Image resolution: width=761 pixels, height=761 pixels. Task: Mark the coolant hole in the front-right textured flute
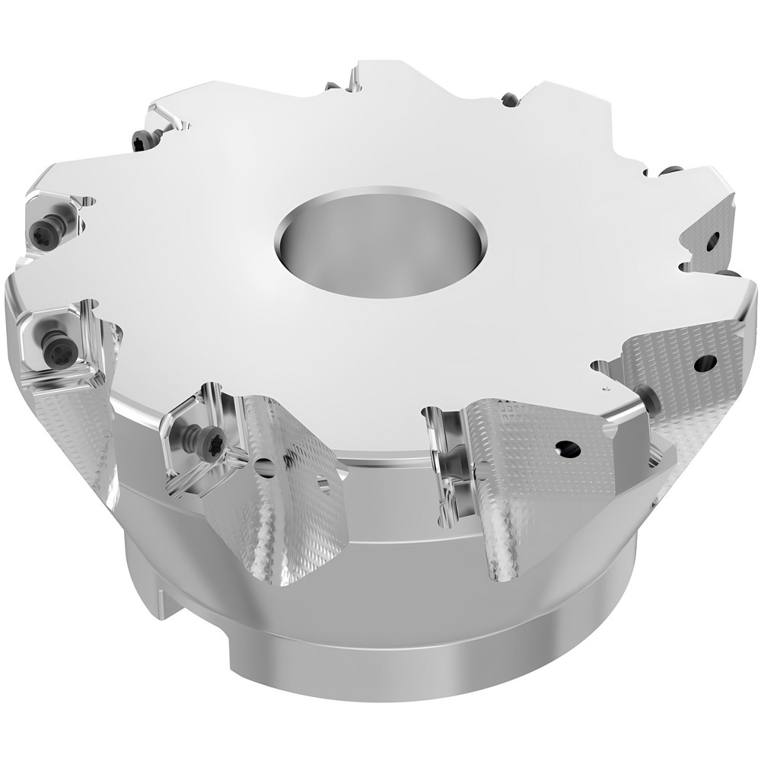[x=567, y=448]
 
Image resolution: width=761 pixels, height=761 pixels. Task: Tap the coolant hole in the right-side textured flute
[x=706, y=363]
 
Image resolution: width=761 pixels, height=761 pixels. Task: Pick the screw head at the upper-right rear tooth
[x=508, y=100]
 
